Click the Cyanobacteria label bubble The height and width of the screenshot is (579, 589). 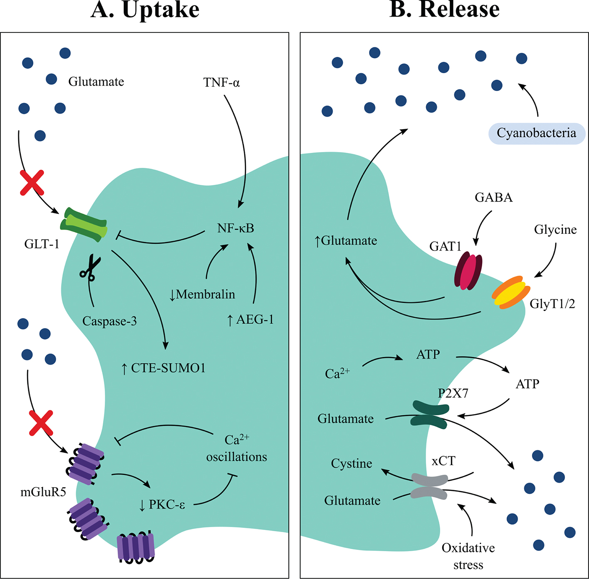(537, 133)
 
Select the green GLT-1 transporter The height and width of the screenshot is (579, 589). (84, 225)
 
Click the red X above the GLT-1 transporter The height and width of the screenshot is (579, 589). (32, 183)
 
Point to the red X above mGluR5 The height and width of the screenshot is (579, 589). (41, 423)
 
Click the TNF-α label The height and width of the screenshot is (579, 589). (222, 83)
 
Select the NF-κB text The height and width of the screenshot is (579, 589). (235, 228)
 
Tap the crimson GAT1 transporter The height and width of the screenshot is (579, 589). (468, 271)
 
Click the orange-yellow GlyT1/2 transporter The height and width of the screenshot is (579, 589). (511, 292)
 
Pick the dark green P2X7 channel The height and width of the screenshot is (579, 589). (430, 414)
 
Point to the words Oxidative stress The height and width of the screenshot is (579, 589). (468, 556)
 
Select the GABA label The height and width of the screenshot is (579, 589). (494, 197)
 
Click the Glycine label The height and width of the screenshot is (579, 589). (555, 230)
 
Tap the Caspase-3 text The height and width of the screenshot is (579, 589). (109, 321)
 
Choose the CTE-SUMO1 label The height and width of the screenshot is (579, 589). (163, 368)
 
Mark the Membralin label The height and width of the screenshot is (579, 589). (202, 294)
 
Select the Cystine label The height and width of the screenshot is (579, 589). (352, 464)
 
